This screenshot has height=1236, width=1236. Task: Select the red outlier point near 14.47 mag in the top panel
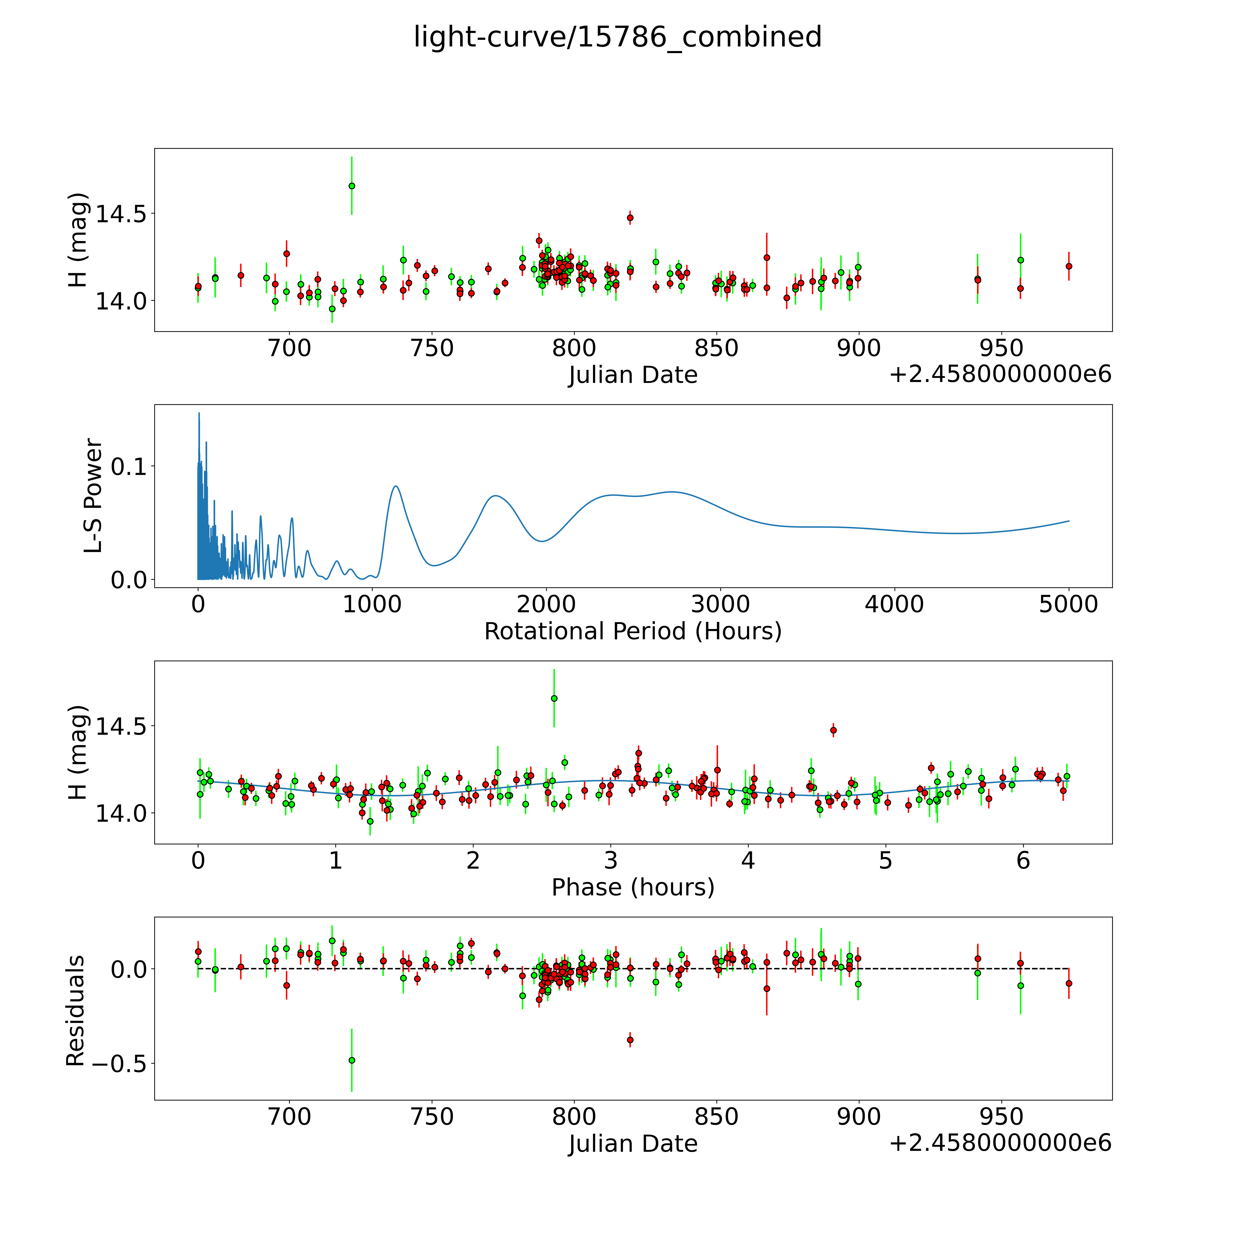coord(630,217)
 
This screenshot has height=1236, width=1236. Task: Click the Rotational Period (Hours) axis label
coord(633,632)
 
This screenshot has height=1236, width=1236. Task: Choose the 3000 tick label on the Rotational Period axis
coord(720,604)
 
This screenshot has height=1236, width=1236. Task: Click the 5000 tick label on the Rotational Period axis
coord(1068,604)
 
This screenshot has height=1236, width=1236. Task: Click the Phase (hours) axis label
coord(633,887)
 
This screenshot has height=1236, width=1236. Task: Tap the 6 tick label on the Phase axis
coord(1023,860)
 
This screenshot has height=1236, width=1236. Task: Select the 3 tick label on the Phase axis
coord(610,860)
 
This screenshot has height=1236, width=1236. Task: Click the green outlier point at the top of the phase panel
coord(554,698)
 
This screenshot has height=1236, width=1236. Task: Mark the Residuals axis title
coord(76,1010)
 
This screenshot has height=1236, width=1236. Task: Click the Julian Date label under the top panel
coord(633,375)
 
